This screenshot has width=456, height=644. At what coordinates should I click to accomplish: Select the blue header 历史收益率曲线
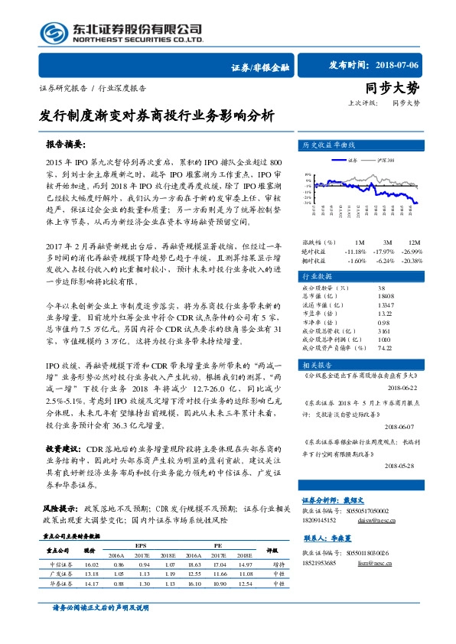coord(330,145)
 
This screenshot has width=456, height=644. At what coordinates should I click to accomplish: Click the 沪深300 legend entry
coord(386,161)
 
